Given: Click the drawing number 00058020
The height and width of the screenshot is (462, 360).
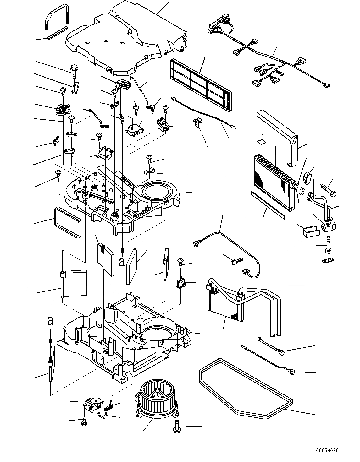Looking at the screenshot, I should [327, 450].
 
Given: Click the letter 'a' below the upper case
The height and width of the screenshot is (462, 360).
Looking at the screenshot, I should [122, 262].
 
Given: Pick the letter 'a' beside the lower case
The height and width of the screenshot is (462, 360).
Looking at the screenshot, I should [50, 320].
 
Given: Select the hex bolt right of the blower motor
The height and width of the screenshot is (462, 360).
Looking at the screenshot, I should [176, 426].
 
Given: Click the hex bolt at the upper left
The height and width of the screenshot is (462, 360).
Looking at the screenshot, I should [74, 71].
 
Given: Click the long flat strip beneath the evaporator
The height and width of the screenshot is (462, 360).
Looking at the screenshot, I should [268, 204].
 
